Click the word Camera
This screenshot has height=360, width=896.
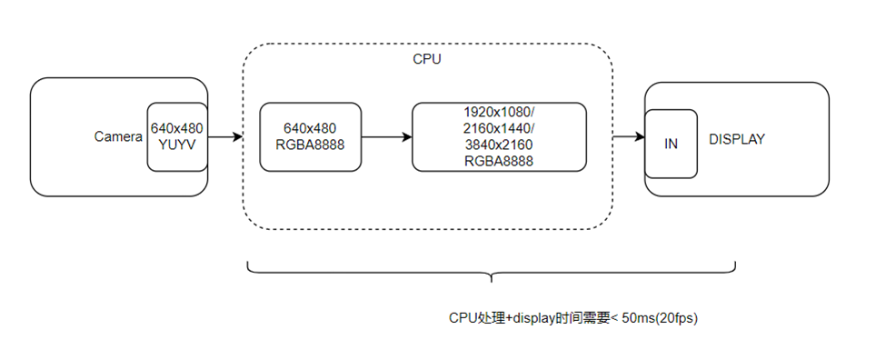[118, 136]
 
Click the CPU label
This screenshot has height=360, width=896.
[426, 59]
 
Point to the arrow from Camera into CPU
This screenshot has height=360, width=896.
[225, 137]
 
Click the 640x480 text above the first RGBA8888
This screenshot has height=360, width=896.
[310, 129]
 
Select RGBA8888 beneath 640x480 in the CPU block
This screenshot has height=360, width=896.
[310, 145]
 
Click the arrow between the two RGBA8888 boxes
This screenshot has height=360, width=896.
[386, 137]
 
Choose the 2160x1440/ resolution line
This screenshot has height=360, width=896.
[499, 128]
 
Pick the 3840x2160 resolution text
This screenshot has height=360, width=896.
[499, 145]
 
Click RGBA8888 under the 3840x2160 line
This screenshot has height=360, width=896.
[499, 161]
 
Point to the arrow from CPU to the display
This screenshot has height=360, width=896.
[628, 137]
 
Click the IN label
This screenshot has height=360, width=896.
[671, 145]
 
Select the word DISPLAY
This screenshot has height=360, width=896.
[737, 139]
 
